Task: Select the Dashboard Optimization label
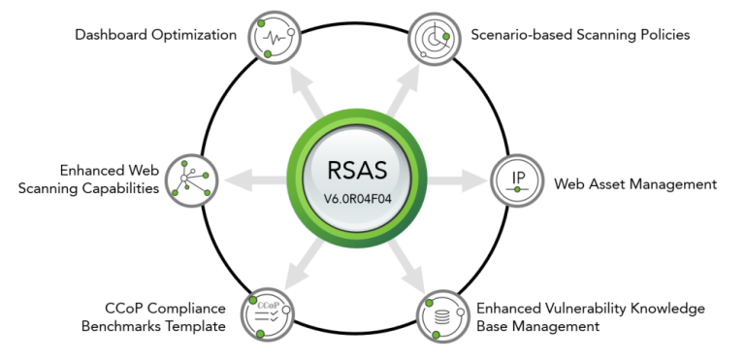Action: pyautogui.click(x=156, y=35)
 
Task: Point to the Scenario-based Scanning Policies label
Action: pyautogui.click(x=579, y=35)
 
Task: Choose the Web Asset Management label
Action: pyautogui.click(x=634, y=183)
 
